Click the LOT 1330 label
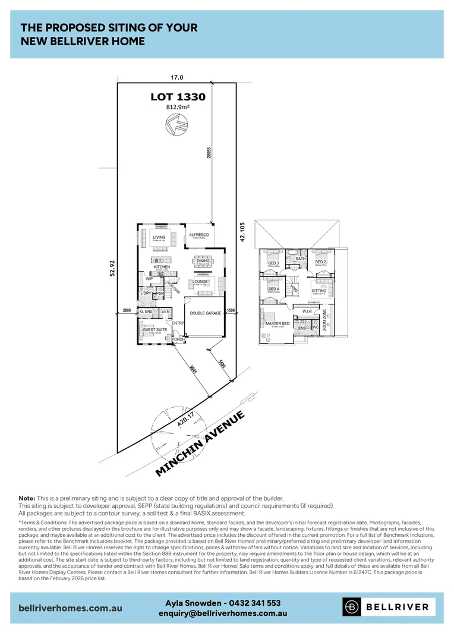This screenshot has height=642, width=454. pos(179,97)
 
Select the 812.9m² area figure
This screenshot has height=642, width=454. pos(179,108)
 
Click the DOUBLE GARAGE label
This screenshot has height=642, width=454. pos(205,313)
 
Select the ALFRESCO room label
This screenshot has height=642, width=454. pos(198,235)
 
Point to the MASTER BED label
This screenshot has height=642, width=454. pos(277,323)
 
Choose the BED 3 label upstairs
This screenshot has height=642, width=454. pos(273,262)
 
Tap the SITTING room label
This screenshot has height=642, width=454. pos(319,291)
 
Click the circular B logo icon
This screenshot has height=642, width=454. pos(352,607)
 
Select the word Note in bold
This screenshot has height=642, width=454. pos(27,498)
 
